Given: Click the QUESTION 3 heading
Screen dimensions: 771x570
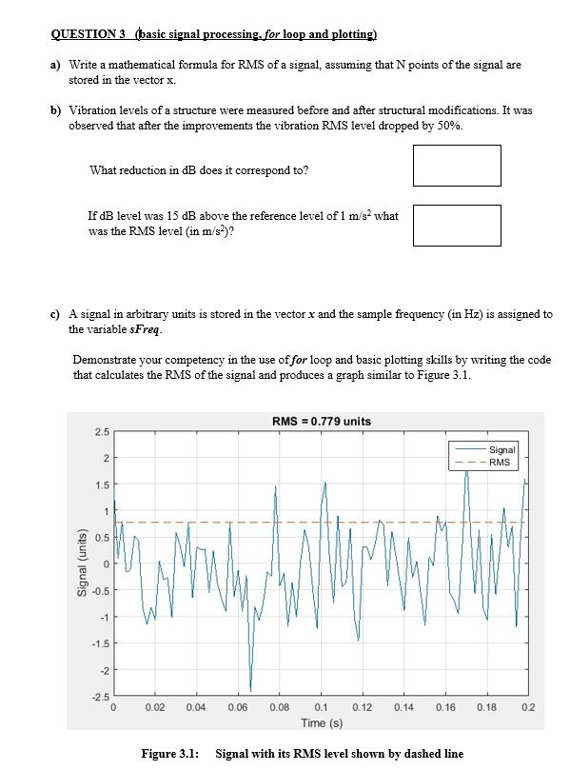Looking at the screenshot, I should click(88, 35).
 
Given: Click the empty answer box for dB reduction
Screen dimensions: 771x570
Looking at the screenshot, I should click(457, 166).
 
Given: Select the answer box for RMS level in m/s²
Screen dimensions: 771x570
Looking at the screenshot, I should click(457, 226).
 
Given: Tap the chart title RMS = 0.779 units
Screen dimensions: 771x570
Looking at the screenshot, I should click(321, 422).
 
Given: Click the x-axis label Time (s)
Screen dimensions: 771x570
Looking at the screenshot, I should click(321, 722).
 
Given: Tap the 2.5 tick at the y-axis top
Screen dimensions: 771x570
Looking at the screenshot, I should click(101, 433).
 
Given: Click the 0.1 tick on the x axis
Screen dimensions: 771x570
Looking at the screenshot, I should click(321, 708).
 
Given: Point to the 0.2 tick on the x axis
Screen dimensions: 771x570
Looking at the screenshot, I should click(528, 708).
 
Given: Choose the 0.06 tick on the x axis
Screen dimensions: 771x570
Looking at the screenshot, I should click(238, 708).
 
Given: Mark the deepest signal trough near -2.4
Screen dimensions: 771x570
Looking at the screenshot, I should click(251, 690).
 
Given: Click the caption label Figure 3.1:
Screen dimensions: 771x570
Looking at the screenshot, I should click(169, 754).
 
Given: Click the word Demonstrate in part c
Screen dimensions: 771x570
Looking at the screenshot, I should click(105, 360).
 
